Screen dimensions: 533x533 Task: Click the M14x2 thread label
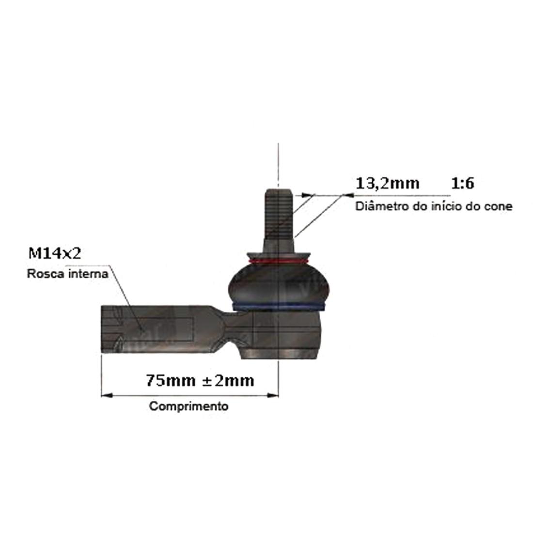(55, 253)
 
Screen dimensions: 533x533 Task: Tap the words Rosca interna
(68, 274)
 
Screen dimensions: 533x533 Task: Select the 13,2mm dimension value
(387, 184)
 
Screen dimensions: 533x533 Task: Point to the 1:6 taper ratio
(462, 184)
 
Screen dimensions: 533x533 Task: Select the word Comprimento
(188, 406)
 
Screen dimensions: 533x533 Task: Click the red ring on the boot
(279, 261)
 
